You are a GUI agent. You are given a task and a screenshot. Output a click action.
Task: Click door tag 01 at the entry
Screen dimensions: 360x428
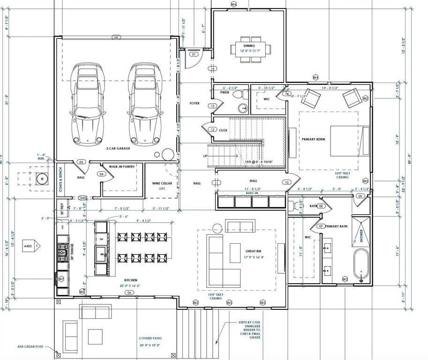point(194,54)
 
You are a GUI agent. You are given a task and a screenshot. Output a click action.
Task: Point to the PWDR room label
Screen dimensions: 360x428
point(225,93)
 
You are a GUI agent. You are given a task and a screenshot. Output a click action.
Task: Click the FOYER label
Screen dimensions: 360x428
point(195,103)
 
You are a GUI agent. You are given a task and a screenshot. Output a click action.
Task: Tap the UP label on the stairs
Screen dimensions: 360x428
point(205,156)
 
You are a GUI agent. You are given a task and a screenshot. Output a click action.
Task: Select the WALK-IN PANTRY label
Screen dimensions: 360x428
point(122,166)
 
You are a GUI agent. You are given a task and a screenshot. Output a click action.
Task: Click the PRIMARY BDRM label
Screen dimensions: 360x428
point(314,139)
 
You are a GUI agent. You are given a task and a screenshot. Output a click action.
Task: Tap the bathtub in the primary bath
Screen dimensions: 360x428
point(361,265)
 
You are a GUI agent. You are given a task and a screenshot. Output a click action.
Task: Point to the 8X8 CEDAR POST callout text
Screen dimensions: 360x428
point(30,347)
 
